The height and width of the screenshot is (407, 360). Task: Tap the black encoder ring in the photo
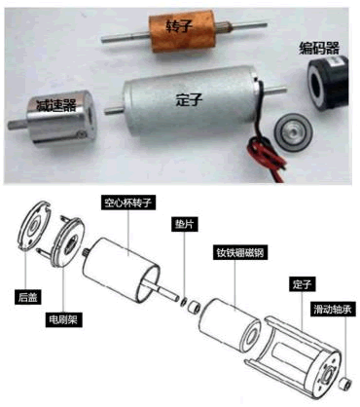click(327, 83)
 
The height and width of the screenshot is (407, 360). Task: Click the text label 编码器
click(319, 49)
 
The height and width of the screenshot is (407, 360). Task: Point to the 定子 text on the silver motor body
click(189, 99)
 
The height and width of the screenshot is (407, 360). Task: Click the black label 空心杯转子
click(127, 203)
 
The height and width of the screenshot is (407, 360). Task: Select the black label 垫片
click(184, 224)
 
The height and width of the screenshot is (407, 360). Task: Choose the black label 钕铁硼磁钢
click(240, 252)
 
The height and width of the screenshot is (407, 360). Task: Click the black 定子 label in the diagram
click(302, 285)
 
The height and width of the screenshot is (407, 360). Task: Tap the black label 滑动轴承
click(333, 310)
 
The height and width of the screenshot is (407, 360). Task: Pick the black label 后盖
click(28, 297)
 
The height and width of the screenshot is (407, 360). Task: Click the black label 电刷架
click(63, 319)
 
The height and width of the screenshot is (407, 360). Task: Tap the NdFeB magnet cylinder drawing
click(231, 326)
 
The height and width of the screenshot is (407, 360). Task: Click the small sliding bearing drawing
click(345, 384)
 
